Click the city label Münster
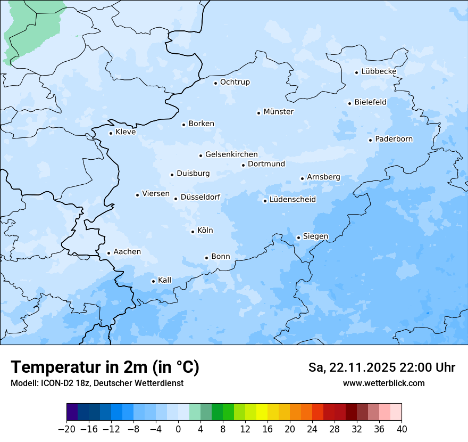[x=278, y=112]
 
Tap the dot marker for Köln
[x=193, y=232]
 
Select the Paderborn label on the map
[x=394, y=140]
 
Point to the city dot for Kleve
[x=111, y=133]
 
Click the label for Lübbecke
[x=379, y=71]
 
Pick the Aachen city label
[x=127, y=252]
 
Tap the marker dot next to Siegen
[x=298, y=238]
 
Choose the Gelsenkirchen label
[x=231, y=154]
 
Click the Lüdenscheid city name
[x=292, y=200]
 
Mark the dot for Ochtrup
[x=215, y=83]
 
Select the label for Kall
[x=165, y=280]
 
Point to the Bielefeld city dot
[x=349, y=103]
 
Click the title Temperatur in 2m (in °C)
[x=105, y=367]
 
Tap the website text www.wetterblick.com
[x=383, y=383]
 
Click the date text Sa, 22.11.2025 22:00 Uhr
[x=381, y=367]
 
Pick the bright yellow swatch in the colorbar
[x=262, y=412]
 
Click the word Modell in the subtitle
[x=22, y=383]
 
